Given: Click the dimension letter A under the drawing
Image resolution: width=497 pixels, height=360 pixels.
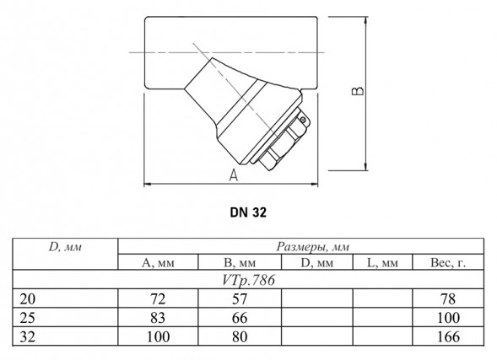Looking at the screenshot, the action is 234,175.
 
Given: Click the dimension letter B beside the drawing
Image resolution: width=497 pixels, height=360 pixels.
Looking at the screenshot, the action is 358,91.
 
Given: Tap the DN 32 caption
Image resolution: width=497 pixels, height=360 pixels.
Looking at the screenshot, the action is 248,212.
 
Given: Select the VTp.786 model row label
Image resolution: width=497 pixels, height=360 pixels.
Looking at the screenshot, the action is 248,280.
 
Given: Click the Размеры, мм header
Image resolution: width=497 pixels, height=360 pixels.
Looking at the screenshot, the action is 312,246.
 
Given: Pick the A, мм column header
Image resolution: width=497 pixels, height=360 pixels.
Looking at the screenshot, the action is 158,262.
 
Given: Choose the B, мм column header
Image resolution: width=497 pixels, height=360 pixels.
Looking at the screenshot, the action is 240,262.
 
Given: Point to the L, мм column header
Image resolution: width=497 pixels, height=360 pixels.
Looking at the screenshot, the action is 382,262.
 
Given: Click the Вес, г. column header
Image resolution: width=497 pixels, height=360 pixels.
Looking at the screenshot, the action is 448,262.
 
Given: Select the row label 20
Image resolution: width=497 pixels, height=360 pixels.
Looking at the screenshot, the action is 28,298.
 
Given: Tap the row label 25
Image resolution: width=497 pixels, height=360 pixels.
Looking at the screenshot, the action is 28,318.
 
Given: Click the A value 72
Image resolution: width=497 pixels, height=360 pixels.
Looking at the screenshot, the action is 158,298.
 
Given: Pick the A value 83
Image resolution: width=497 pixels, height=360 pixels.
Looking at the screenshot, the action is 158,318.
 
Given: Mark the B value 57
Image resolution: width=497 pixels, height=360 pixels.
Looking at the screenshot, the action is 240,298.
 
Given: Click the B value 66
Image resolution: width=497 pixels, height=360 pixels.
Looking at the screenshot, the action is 240,318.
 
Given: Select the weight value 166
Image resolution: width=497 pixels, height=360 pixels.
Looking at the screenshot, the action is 448,336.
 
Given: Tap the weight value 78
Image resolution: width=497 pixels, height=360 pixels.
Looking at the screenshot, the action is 448,298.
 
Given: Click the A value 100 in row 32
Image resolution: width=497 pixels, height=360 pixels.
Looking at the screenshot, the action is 158,336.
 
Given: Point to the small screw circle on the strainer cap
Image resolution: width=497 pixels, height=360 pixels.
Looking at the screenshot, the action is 303,120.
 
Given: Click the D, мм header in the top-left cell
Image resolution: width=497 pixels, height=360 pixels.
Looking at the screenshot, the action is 65,247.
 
